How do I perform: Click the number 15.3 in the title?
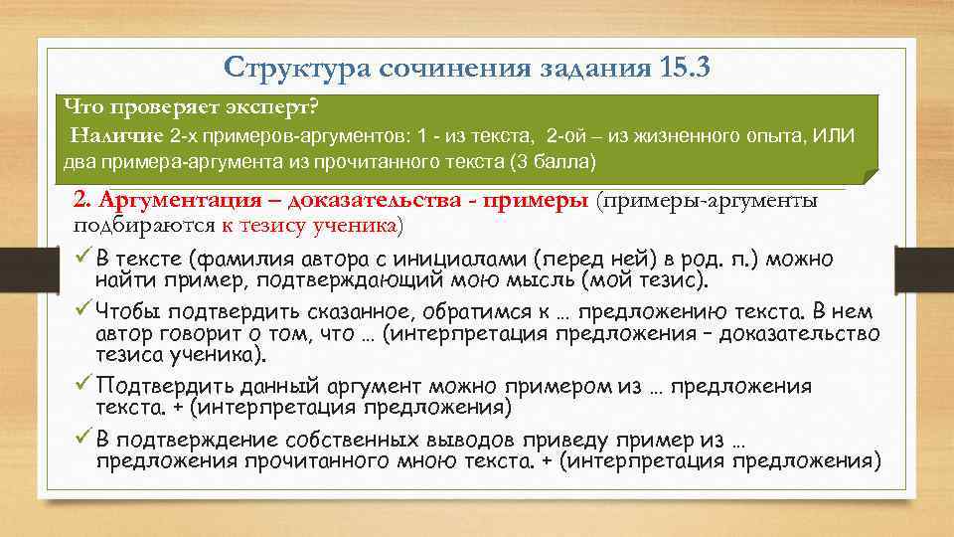pos(684,69)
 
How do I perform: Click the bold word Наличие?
pos(116,134)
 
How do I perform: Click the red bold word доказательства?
pos(379,200)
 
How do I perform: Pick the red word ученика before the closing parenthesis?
pos(358,225)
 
